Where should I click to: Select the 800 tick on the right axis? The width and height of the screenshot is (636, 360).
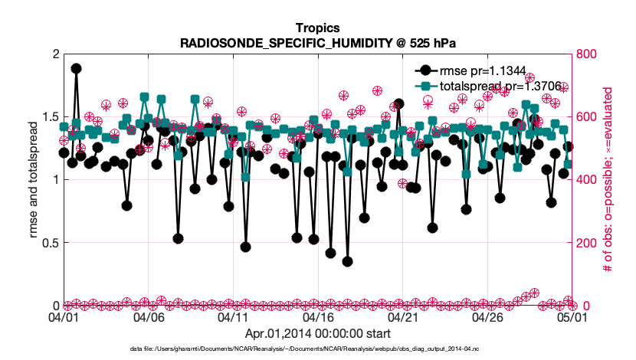point(585,54)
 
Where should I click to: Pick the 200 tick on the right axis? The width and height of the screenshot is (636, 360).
point(585,243)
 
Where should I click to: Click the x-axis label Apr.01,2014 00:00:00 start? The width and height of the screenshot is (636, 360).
point(317,333)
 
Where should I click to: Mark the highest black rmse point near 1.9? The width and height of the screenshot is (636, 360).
point(76,68)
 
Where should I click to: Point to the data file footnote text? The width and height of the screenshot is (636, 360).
point(306,349)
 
